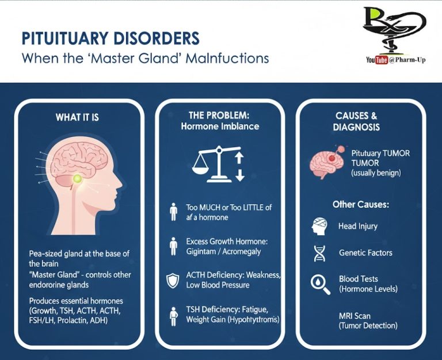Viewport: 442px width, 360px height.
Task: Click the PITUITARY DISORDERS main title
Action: click(110, 39)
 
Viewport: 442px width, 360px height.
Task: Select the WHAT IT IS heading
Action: click(77, 117)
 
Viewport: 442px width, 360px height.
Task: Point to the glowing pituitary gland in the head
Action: click(77, 179)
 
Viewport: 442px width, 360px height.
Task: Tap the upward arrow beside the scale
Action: click(240, 156)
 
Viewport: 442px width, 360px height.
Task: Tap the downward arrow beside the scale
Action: click(240, 175)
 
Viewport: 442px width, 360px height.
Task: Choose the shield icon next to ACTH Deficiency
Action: click(173, 280)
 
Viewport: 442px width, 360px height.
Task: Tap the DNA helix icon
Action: click(320, 252)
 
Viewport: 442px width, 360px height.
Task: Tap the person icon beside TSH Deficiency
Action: click(173, 315)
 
